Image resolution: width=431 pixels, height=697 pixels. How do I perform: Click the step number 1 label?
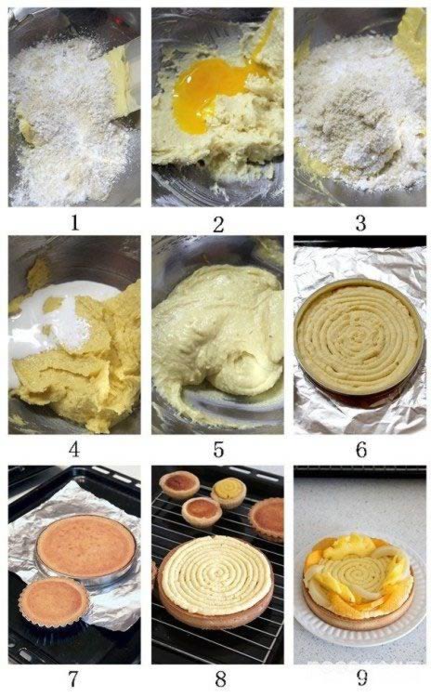click(x=74, y=222)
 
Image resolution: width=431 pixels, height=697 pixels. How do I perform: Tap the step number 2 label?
click(x=217, y=225)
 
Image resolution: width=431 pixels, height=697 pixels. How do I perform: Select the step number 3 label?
click(x=360, y=223)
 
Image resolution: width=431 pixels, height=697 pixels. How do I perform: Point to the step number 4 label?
click(x=74, y=450)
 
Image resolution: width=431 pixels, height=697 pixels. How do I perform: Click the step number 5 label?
click(x=218, y=450)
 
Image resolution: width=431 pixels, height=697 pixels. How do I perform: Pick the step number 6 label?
click(x=361, y=450)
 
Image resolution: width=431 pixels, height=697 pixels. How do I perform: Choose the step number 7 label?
click(x=73, y=678)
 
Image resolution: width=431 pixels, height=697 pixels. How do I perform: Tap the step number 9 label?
click(x=362, y=677)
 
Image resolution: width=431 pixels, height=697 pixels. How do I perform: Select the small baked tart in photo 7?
click(x=53, y=602)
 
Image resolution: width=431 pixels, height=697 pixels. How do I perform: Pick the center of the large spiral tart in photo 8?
click(x=215, y=573)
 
